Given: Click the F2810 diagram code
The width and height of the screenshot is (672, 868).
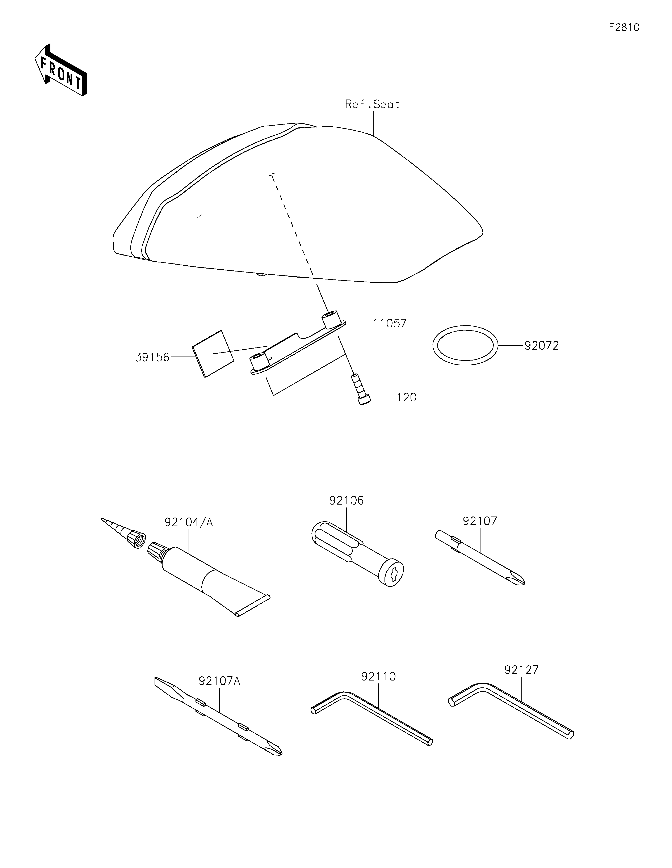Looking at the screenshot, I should (624, 28).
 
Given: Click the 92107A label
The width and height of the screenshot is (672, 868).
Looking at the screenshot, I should (219, 681).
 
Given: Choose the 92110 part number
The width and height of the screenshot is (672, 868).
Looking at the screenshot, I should (378, 677).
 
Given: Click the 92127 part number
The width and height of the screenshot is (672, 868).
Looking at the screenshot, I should (521, 670).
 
